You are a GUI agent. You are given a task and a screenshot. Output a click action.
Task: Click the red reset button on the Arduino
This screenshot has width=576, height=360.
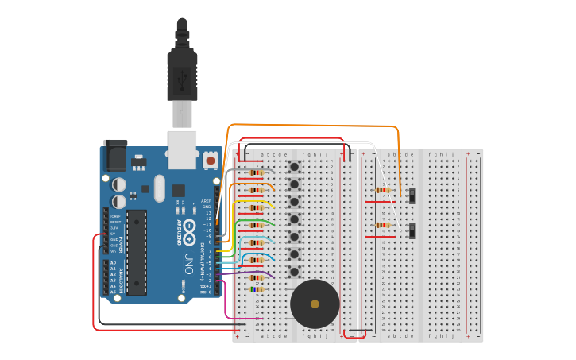(x=210, y=161)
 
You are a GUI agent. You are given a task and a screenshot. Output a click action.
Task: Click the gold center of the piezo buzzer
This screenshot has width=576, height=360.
(x=315, y=304)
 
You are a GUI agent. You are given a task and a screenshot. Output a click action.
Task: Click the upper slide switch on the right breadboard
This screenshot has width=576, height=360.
(x=412, y=195)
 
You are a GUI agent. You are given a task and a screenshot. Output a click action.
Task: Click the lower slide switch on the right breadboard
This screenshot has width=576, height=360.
(x=412, y=231)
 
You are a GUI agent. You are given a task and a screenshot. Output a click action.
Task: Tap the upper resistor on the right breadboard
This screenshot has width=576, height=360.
(x=384, y=190)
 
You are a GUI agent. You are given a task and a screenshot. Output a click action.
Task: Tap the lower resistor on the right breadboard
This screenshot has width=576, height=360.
(x=384, y=225)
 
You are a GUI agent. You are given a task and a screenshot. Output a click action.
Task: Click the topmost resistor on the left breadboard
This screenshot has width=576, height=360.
(x=256, y=172)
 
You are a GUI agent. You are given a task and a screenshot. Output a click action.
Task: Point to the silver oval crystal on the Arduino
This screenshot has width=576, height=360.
(x=159, y=188)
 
